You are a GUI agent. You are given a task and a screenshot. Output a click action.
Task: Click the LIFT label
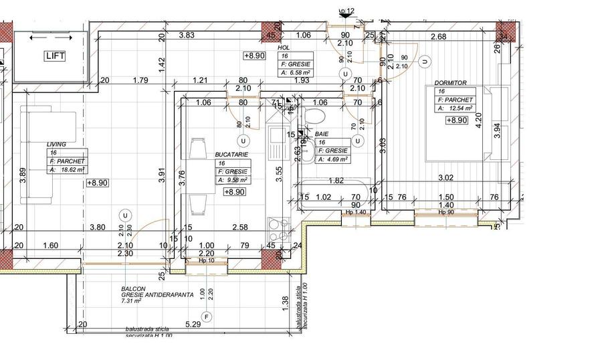55,56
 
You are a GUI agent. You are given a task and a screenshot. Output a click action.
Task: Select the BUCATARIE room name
231,155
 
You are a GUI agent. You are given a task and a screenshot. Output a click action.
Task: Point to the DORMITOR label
451,83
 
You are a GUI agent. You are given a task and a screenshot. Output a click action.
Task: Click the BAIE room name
322,134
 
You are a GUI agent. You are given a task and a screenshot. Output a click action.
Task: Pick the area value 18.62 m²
72,170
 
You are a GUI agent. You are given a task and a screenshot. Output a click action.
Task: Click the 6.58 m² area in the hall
298,73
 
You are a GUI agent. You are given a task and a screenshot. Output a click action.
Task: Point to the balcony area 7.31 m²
131,301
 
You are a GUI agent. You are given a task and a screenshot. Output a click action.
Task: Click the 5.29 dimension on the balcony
193,325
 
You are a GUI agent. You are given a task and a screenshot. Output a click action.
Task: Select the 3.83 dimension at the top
187,35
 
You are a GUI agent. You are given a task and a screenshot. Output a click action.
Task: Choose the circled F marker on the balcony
207,316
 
